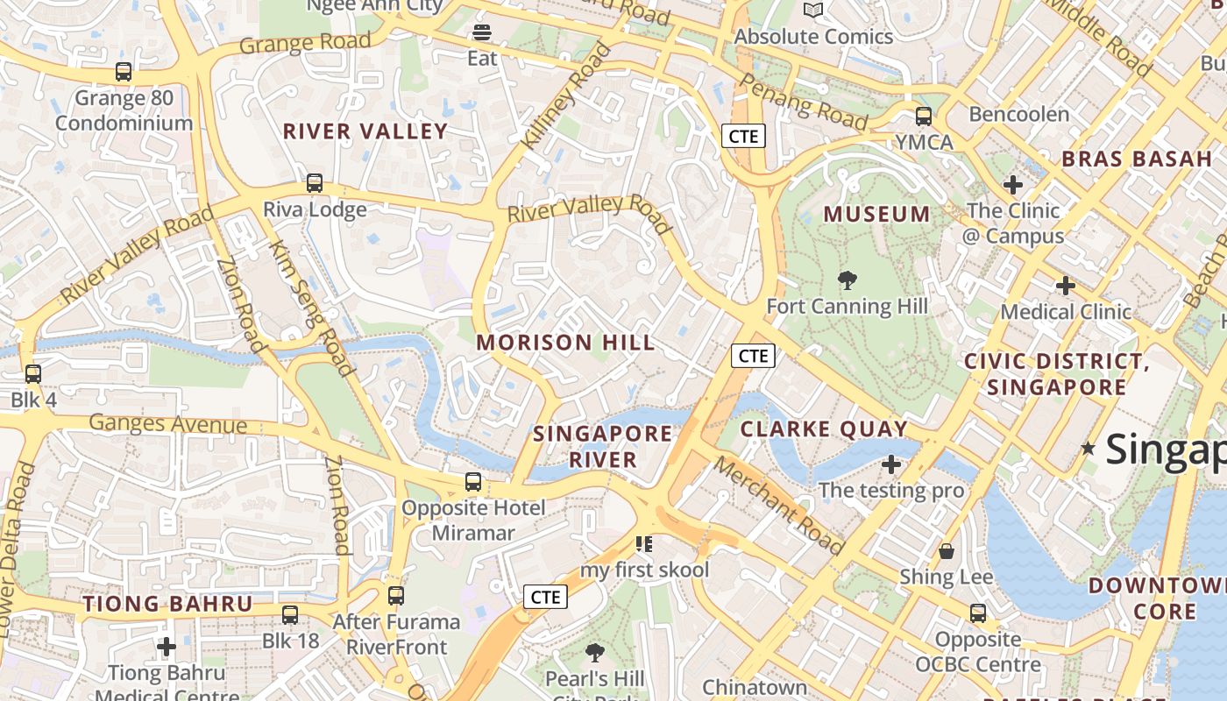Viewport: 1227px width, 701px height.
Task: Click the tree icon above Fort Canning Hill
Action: pyautogui.click(x=847, y=280)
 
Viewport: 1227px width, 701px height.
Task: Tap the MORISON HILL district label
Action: pyautogui.click(x=565, y=343)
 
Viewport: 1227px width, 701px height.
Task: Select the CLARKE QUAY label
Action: pyautogui.click(x=824, y=428)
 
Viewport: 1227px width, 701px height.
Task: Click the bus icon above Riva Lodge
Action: pyautogui.click(x=314, y=184)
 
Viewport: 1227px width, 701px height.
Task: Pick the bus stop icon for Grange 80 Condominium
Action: pyautogui.click(x=124, y=73)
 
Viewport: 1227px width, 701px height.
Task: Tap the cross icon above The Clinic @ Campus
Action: pyautogui.click(x=1013, y=185)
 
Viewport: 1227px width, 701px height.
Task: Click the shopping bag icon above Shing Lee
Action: pyautogui.click(x=947, y=551)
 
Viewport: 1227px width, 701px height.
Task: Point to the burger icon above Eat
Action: pyautogui.click(x=482, y=33)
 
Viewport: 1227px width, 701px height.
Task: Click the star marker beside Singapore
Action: pyautogui.click(x=1089, y=449)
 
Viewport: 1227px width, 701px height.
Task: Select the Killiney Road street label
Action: pyautogui.click(x=565, y=96)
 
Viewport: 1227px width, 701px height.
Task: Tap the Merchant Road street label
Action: pyautogui.click(x=777, y=506)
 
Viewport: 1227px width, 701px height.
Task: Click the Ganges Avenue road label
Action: pyautogui.click(x=168, y=424)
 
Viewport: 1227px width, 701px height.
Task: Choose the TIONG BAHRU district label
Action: pyautogui.click(x=167, y=604)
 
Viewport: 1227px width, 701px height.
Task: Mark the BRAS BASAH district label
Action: pyautogui.click(x=1136, y=159)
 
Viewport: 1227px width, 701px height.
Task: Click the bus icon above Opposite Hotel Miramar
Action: pyautogui.click(x=473, y=482)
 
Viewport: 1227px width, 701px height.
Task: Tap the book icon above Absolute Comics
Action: pyautogui.click(x=813, y=11)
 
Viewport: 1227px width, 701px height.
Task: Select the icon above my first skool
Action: pyautogui.click(x=644, y=544)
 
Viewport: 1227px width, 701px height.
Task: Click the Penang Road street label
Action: pyautogui.click(x=803, y=100)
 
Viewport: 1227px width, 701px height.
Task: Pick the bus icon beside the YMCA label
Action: pyautogui.click(x=923, y=117)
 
